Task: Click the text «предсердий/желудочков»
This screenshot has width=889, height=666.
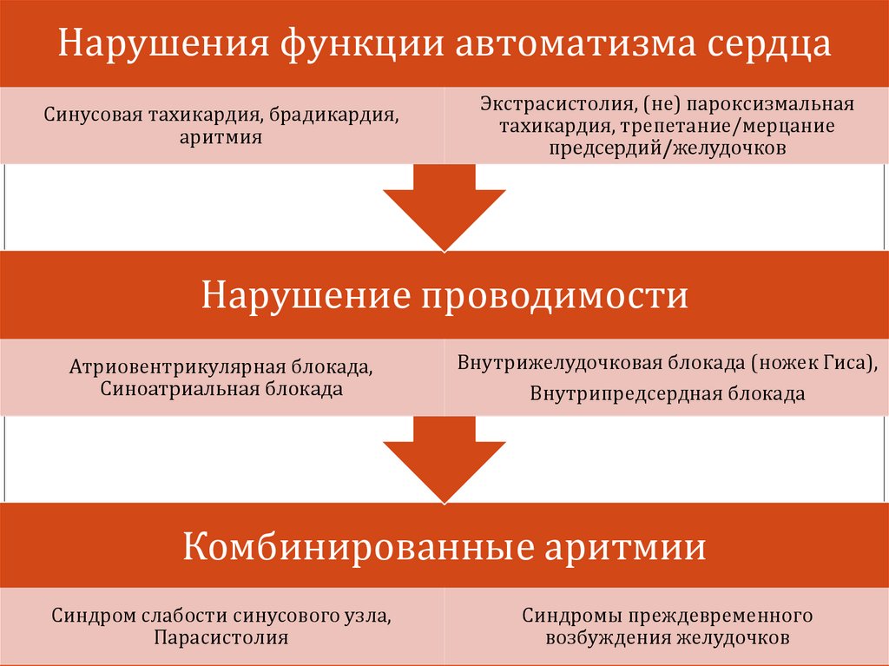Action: (668, 148)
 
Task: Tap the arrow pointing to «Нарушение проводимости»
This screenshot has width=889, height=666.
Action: (444, 208)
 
